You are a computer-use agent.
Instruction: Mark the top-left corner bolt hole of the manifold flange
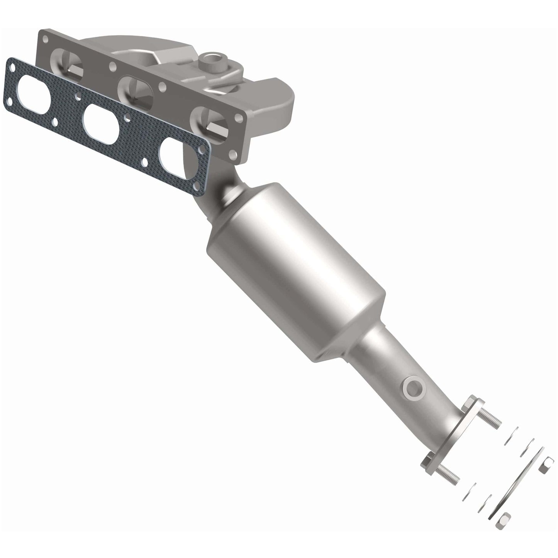pyautogui.click(x=46, y=39)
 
